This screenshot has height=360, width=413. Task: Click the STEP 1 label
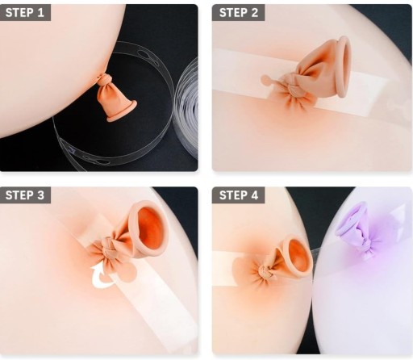click(x=25, y=13)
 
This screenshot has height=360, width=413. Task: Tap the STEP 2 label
click(x=239, y=13)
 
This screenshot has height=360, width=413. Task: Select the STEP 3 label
click(x=25, y=195)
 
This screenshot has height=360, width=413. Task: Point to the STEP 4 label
click(x=239, y=195)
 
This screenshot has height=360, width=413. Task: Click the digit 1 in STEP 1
click(x=40, y=13)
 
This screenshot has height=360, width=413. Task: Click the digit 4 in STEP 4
click(x=254, y=195)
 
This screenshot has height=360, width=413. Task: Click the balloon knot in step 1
click(x=103, y=80)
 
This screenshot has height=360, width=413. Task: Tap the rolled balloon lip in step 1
click(x=122, y=111)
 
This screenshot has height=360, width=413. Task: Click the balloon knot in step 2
click(x=292, y=86)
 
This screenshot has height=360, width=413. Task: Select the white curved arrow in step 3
click(x=103, y=277)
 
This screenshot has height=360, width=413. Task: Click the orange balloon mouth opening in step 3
click(x=151, y=228)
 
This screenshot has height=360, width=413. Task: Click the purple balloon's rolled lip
click(x=349, y=219)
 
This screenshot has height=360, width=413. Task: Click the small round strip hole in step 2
click(x=266, y=80)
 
